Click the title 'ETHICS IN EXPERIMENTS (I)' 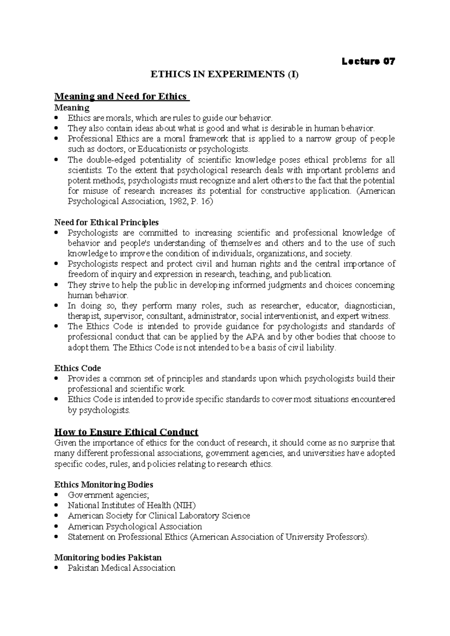coord(224,75)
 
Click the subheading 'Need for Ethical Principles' coord(106,222)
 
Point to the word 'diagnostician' coord(369,305)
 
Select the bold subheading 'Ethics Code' coord(78,368)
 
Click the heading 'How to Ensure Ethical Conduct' coord(126,432)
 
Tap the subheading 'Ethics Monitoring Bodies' coord(104,484)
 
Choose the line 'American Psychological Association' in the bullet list coord(135,526)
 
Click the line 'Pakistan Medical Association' coord(121,568)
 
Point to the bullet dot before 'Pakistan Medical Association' coord(57,568)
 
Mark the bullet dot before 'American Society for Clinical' coord(57,516)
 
